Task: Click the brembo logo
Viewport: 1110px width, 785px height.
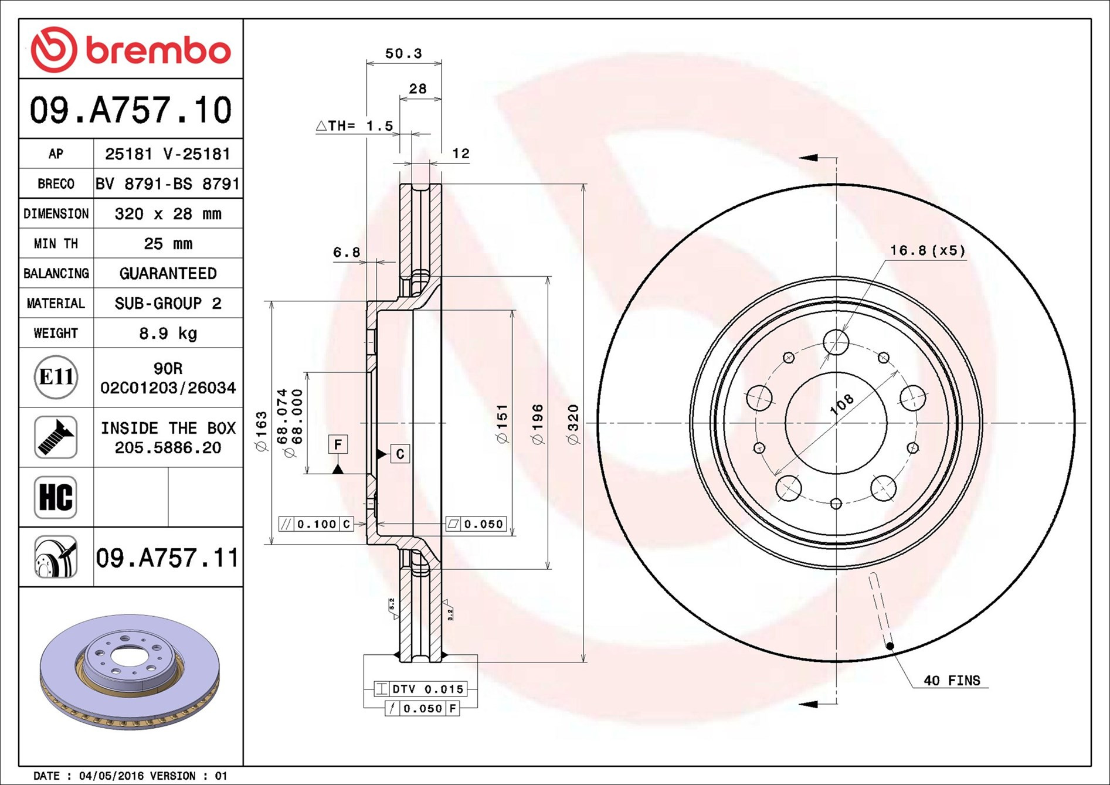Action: [131, 50]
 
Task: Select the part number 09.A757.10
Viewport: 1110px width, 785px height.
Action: [131, 110]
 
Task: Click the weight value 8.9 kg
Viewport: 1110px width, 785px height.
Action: [168, 334]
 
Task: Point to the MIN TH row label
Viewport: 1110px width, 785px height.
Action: [56, 244]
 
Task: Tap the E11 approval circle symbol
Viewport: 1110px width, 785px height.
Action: [56, 377]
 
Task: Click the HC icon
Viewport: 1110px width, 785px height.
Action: [56, 497]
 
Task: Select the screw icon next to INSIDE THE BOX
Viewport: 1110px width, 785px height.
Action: [56, 437]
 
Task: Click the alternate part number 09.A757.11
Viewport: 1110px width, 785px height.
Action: [167, 558]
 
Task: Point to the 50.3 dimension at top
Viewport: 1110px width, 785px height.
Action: [403, 53]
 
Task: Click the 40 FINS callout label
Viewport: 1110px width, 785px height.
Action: [952, 681]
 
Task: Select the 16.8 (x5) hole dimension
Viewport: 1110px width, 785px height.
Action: [927, 250]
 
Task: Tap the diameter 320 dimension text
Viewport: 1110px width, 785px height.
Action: [573, 424]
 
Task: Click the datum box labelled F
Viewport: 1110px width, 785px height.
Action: [338, 444]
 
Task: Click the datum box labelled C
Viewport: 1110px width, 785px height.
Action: [400, 454]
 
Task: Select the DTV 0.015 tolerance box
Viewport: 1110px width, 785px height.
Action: [420, 689]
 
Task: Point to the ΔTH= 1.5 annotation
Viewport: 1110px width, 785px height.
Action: [355, 125]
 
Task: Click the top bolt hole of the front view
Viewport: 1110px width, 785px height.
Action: [836, 342]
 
